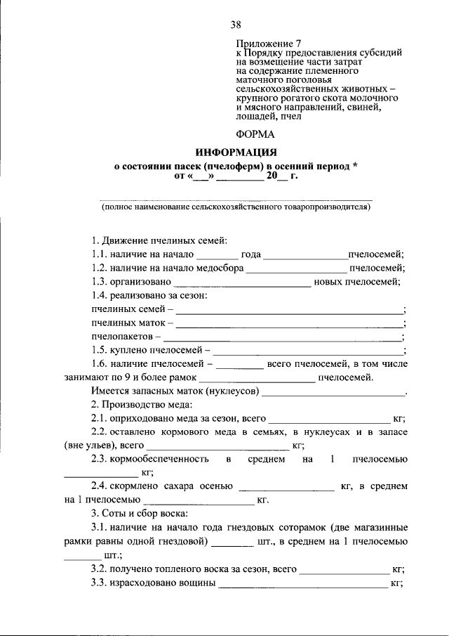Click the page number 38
236,26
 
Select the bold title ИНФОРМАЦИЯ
236,152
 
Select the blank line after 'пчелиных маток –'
289,325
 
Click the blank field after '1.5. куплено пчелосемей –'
308,351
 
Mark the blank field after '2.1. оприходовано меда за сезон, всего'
330,419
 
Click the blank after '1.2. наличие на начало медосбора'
296,269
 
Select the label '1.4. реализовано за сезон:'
149,296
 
